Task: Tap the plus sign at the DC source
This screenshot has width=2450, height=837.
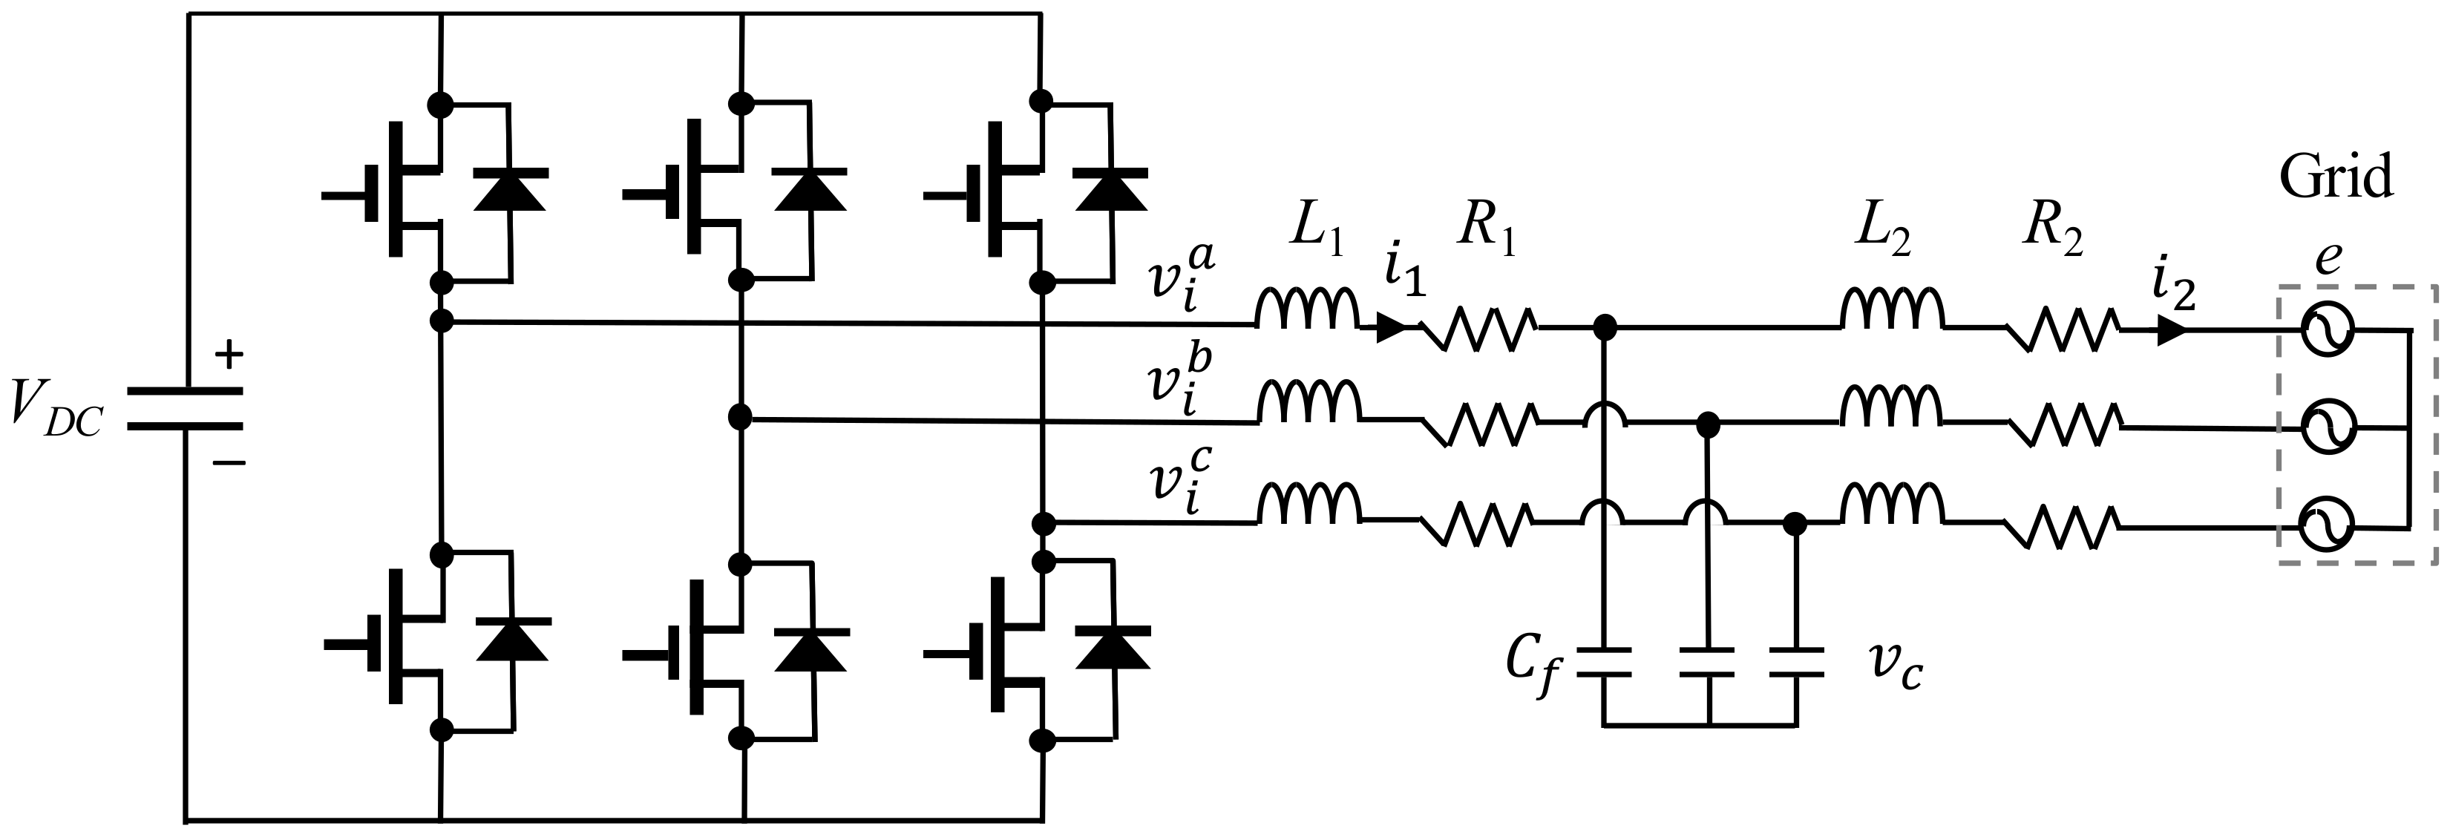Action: click(229, 355)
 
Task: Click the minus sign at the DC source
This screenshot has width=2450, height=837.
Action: click(229, 463)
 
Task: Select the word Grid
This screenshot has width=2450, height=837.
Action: click(2336, 179)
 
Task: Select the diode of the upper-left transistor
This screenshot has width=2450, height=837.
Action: click(510, 190)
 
